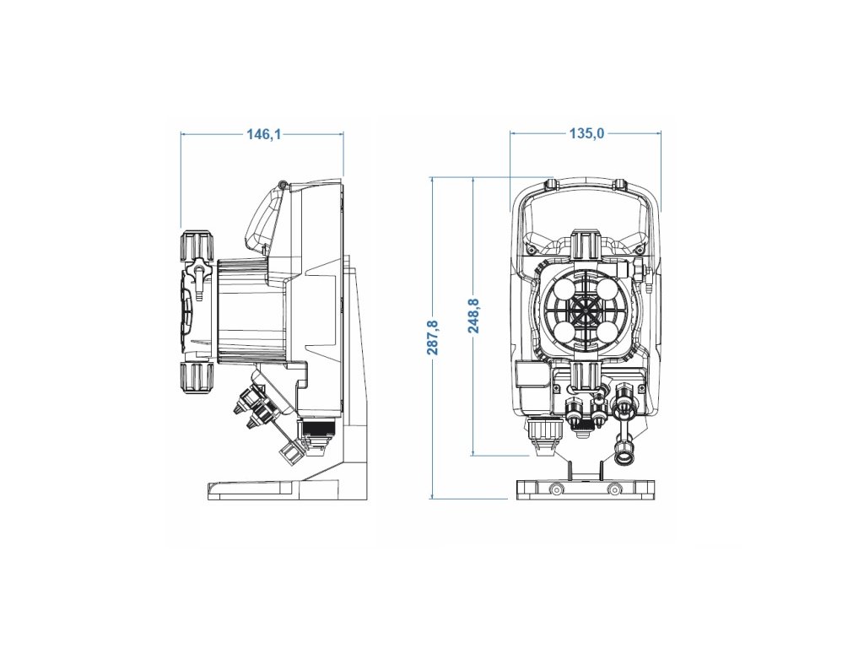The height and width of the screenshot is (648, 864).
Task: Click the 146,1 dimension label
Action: [264, 134]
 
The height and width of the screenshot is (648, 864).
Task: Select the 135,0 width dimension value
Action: [587, 133]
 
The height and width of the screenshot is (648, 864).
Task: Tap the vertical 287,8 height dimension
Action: [433, 337]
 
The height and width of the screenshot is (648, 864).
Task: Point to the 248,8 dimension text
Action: [473, 316]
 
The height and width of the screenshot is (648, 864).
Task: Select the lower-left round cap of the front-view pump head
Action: [560, 332]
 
